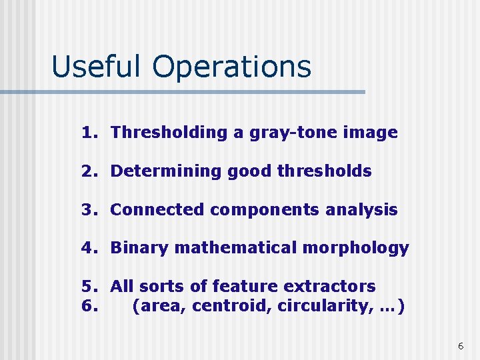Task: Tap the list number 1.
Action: pos(89,133)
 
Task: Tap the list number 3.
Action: pos(89,210)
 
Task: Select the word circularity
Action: pos(321,307)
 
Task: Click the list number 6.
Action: pos(89,307)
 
